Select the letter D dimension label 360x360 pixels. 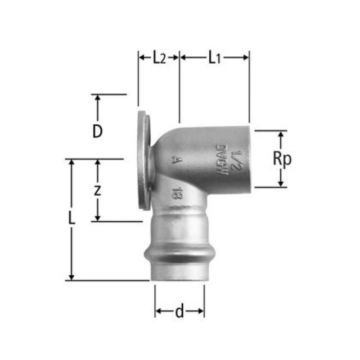[98, 132]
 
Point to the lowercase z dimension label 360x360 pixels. [97, 190]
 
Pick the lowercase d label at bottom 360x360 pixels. [179, 312]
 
